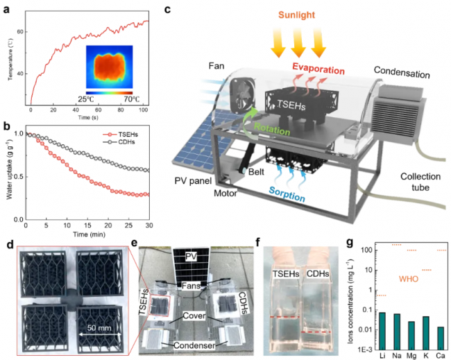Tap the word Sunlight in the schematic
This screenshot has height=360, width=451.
point(298,14)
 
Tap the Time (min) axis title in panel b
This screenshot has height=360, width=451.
point(88,236)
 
